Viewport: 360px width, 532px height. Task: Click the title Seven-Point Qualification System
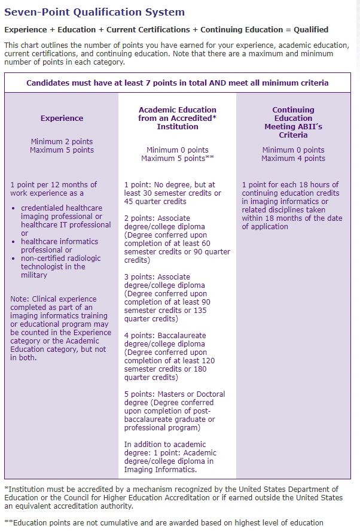(94, 12)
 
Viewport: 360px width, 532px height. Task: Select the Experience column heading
(62, 118)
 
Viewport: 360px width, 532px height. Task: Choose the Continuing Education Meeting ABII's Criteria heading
(293, 122)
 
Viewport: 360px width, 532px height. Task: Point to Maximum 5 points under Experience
(62, 150)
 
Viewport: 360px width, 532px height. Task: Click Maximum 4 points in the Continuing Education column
(293, 159)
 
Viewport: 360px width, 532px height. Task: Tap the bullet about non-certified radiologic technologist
(60, 266)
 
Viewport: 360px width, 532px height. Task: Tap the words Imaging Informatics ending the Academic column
(160, 470)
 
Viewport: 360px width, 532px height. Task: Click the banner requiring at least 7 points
(177, 83)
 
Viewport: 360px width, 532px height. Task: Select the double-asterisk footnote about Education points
(164, 522)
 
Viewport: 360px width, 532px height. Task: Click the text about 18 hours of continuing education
(292, 206)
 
